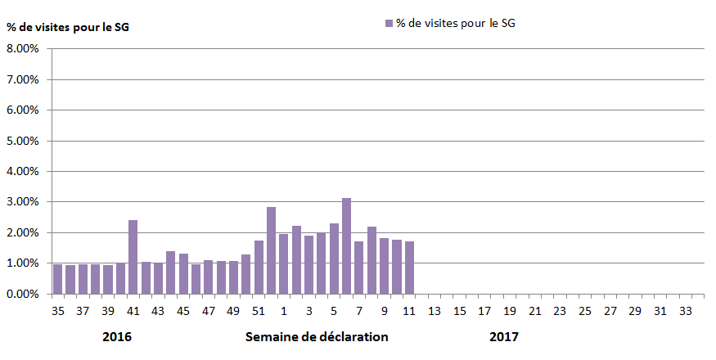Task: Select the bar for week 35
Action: pos(57,279)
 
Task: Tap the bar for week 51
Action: pos(259,267)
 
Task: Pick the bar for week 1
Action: pos(283,263)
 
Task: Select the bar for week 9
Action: pos(384,266)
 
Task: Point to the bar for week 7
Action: pos(358,268)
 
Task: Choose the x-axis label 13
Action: pos(435,311)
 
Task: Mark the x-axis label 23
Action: pos(560,311)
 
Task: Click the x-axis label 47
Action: pos(209,311)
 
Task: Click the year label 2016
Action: pos(117,336)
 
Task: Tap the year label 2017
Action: pos(504,336)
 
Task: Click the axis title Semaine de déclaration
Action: pos(317,336)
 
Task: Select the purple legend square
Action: pos(388,24)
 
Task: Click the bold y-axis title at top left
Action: pos(68,27)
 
